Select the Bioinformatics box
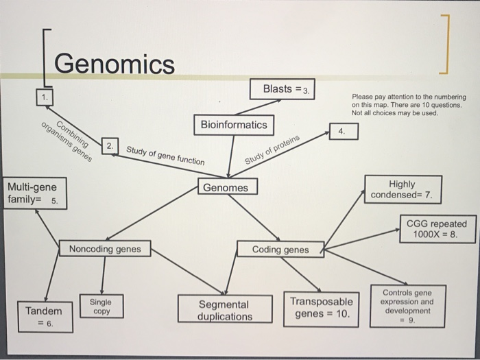click(x=234, y=125)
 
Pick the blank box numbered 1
click(x=45, y=97)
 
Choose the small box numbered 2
click(x=110, y=146)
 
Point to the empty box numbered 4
click(x=343, y=130)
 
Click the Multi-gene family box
click(x=35, y=193)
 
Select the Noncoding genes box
click(x=104, y=249)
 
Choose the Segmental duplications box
click(x=224, y=309)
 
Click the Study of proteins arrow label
click(x=273, y=151)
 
